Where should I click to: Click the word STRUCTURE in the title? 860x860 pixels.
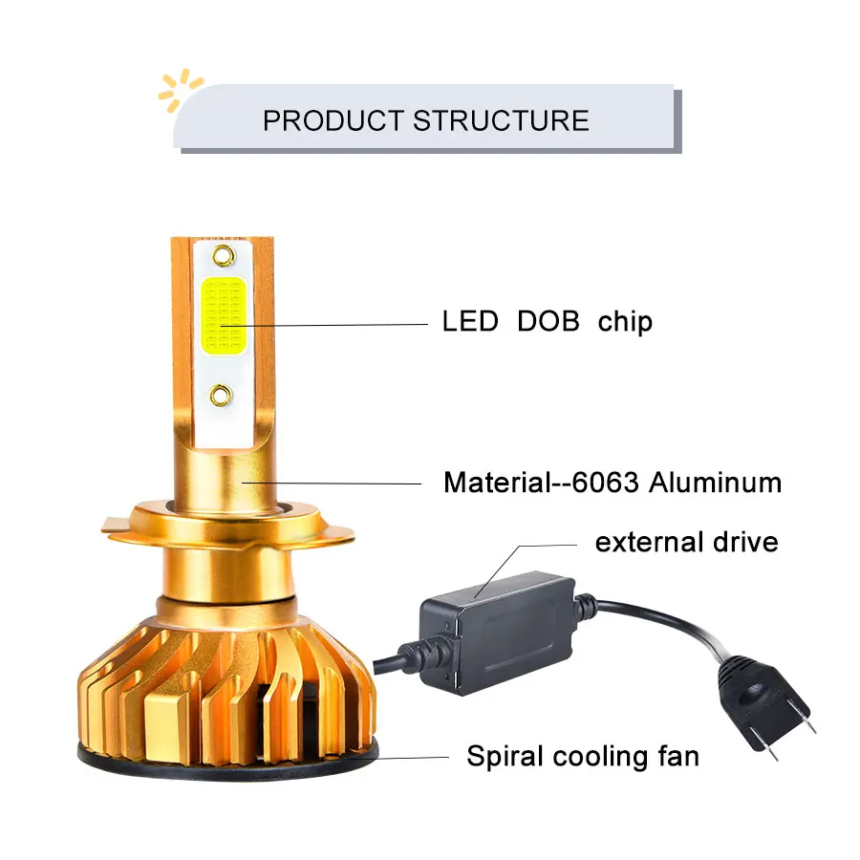pyautogui.click(x=501, y=120)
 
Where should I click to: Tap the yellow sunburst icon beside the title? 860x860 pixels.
pyautogui.click(x=180, y=89)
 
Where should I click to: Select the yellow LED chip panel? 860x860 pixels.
pyautogui.click(x=224, y=314)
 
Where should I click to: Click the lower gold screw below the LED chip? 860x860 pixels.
pyautogui.click(x=222, y=392)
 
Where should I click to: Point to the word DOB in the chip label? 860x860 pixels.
pyautogui.click(x=548, y=321)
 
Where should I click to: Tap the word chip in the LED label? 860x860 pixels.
pyautogui.click(x=625, y=322)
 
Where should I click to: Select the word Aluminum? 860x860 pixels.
pyautogui.click(x=715, y=482)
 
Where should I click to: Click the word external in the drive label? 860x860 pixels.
pyautogui.click(x=650, y=543)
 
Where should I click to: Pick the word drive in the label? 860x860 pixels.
pyautogui.click(x=745, y=543)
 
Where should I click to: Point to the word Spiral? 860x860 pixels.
pyautogui.click(x=501, y=757)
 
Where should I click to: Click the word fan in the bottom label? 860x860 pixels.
pyautogui.click(x=677, y=757)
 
